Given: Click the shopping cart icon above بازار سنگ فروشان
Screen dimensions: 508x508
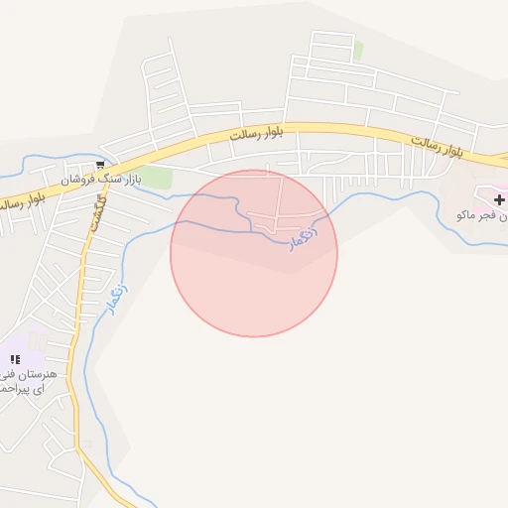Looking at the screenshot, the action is click(100, 166).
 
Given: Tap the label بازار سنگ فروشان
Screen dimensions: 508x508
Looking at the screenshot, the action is click(100, 181).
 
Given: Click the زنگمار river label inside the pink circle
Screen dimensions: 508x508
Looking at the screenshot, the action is click(304, 235).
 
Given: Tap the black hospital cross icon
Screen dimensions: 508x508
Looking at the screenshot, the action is click(498, 200).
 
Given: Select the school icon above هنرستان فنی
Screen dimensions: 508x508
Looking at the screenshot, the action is click(15, 359).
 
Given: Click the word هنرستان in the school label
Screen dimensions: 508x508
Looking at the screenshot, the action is click(44, 375).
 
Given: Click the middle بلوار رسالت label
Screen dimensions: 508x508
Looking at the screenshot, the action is click(256, 133).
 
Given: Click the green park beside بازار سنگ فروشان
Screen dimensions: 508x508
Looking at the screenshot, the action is click(157, 178).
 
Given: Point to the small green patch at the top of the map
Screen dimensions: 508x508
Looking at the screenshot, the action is click(358, 49).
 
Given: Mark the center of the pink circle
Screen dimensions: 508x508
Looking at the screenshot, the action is click(254, 253).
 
